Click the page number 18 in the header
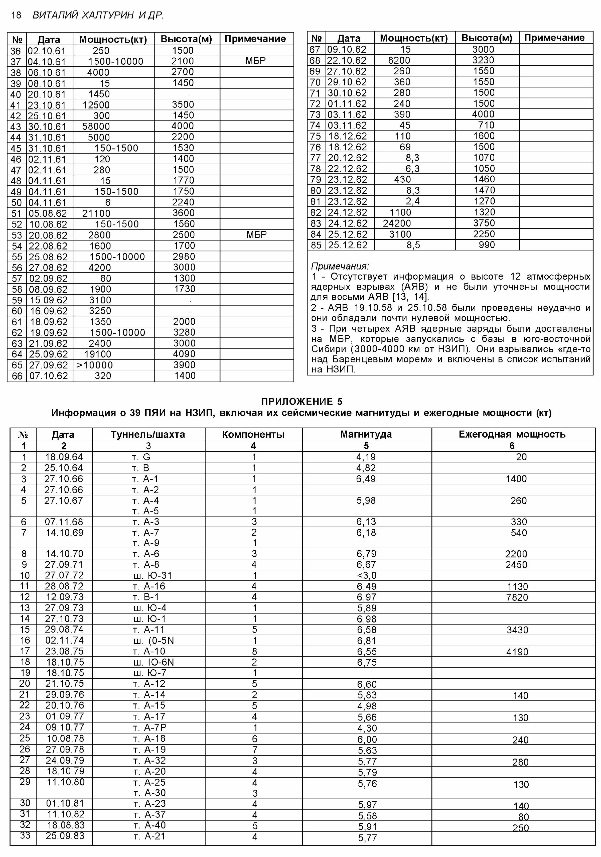point(16,15)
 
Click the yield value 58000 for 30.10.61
point(96,127)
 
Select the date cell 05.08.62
point(48,213)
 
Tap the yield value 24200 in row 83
point(397,223)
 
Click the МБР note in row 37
point(255,60)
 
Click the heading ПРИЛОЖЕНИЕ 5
point(302,402)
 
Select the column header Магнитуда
point(366,434)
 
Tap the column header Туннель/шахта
point(148,434)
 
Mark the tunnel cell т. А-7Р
point(149,727)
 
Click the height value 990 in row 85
point(487,245)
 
